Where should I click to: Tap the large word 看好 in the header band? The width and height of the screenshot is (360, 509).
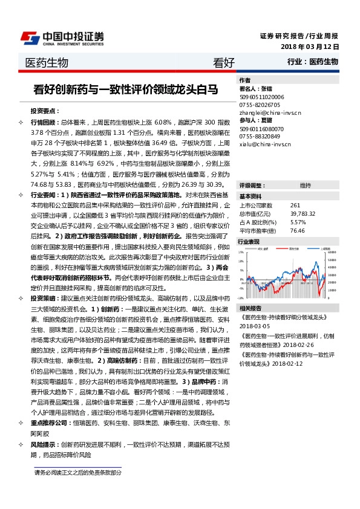click(223, 63)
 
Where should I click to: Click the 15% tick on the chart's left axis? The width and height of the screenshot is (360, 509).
click(241, 251)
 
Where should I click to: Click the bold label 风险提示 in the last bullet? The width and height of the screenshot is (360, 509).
click(44, 446)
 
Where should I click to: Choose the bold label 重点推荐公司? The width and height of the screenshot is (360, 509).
click(49, 424)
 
